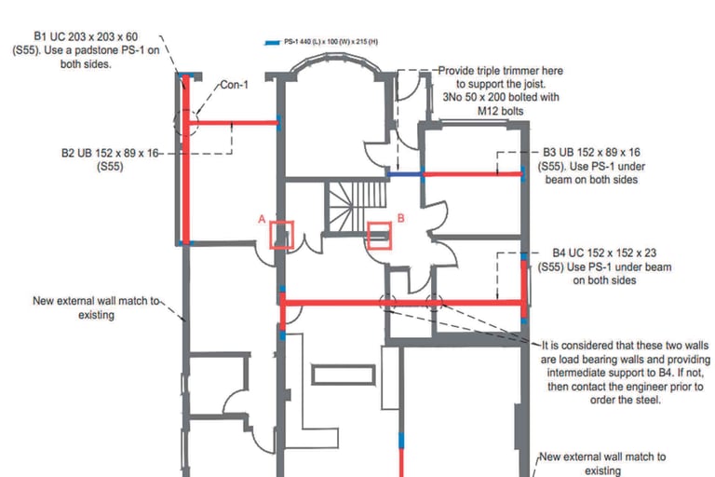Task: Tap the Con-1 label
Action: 235,85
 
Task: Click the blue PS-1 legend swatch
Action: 272,43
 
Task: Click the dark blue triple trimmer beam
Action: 405,174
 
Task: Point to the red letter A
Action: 262,219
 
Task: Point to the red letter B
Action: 401,218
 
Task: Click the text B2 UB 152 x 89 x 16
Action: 110,153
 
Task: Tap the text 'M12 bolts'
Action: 500,111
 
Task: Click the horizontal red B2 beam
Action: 233,122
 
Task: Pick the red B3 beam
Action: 473,174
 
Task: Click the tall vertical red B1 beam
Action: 186,159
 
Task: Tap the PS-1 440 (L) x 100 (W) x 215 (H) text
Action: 331,42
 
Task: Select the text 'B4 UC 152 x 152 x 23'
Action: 604,252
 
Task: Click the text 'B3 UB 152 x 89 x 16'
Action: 591,153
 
